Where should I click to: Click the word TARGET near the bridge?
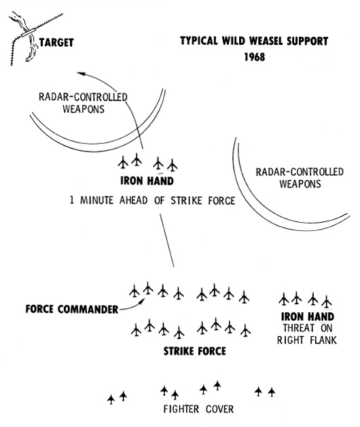pyautogui.click(x=56, y=43)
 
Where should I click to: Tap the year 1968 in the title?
pyautogui.click(x=255, y=57)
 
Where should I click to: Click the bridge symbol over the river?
pyautogui.click(x=28, y=33)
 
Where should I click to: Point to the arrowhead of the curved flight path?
pyautogui.click(x=82, y=73)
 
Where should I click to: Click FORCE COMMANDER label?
pyautogui.click(x=72, y=310)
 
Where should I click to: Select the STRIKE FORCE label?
pyautogui.click(x=194, y=351)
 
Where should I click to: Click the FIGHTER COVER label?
pyautogui.click(x=198, y=409)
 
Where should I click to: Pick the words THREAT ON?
pyautogui.click(x=308, y=328)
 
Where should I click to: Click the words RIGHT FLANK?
pyautogui.click(x=307, y=340)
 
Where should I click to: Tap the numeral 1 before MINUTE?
pyautogui.click(x=72, y=200)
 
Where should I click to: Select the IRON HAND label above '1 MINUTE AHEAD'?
pyautogui.click(x=147, y=181)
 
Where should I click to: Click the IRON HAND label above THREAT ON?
pyautogui.click(x=308, y=317)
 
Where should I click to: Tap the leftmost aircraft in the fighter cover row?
pyautogui.click(x=111, y=399)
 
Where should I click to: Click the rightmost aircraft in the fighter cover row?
pyautogui.click(x=271, y=392)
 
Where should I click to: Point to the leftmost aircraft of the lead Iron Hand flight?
pyautogui.click(x=123, y=162)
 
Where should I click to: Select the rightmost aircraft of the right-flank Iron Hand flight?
pyautogui.click(x=327, y=301)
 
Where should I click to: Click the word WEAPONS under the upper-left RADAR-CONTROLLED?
pyautogui.click(x=84, y=109)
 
